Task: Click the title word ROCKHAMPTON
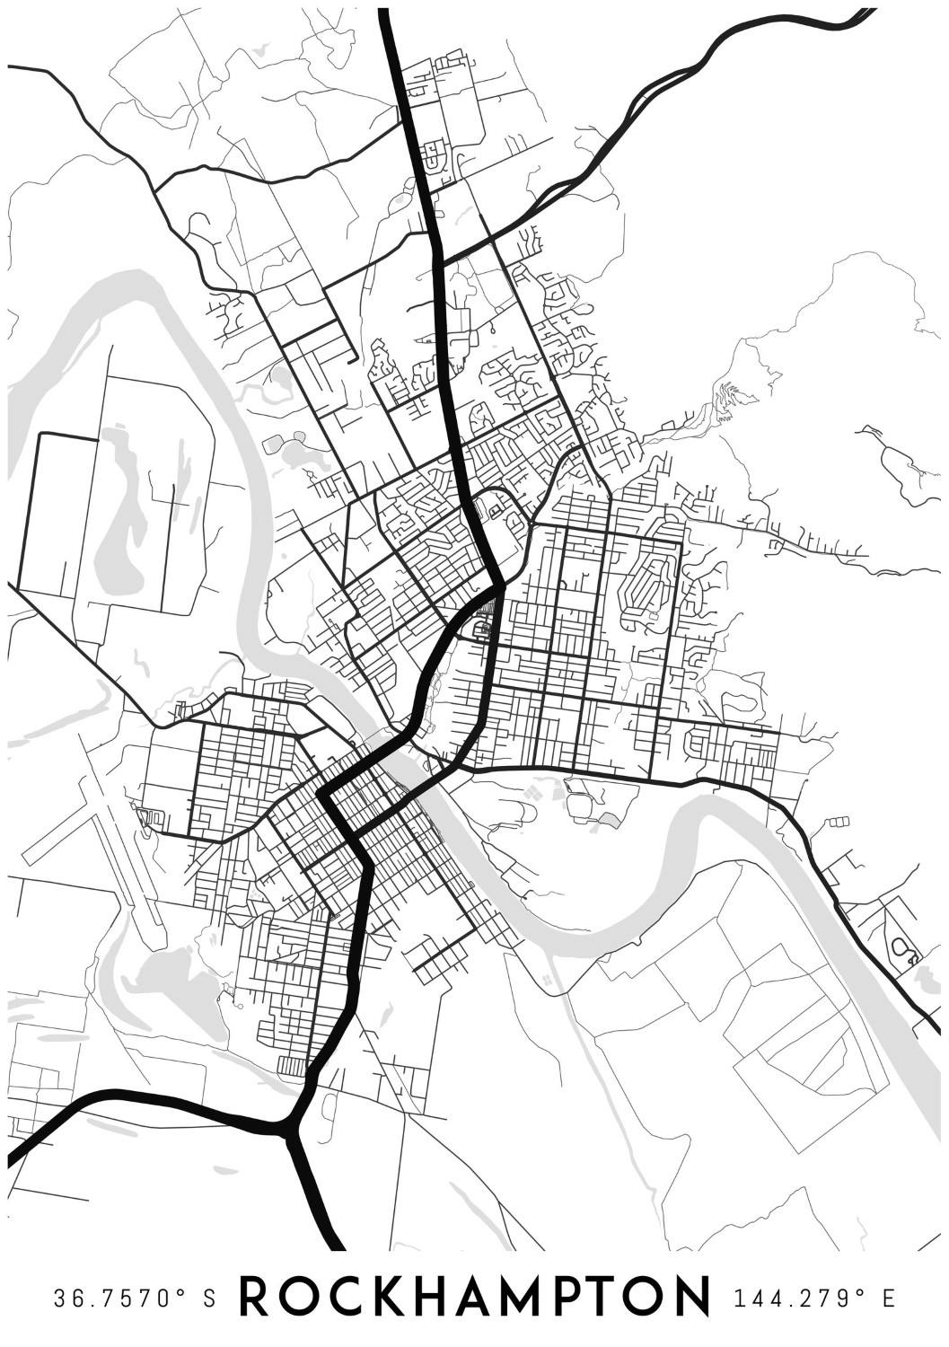click(x=475, y=1298)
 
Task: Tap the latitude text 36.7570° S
click(x=136, y=1299)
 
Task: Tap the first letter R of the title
click(x=256, y=1298)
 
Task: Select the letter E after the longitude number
click(x=888, y=1299)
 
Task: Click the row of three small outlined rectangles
click(x=839, y=821)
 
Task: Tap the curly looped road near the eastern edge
click(x=902, y=948)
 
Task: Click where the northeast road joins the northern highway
click(x=439, y=260)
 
